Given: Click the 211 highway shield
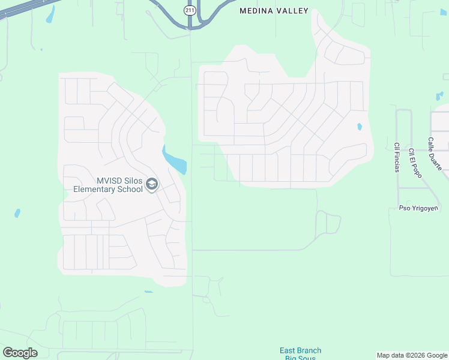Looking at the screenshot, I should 190,10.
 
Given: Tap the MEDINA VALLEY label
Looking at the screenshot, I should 274,11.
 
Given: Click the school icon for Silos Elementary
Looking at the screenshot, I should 151,184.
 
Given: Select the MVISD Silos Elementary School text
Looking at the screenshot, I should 108,185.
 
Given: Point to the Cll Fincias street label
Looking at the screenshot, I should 397,157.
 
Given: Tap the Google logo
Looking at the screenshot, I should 20,353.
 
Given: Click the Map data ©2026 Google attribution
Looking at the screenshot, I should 412,355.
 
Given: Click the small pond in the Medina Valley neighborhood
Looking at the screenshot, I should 360,127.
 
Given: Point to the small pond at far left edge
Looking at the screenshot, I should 17,213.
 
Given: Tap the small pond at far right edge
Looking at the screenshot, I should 440,95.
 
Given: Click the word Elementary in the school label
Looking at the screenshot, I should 95,189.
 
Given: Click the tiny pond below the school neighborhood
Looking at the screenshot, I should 148,292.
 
